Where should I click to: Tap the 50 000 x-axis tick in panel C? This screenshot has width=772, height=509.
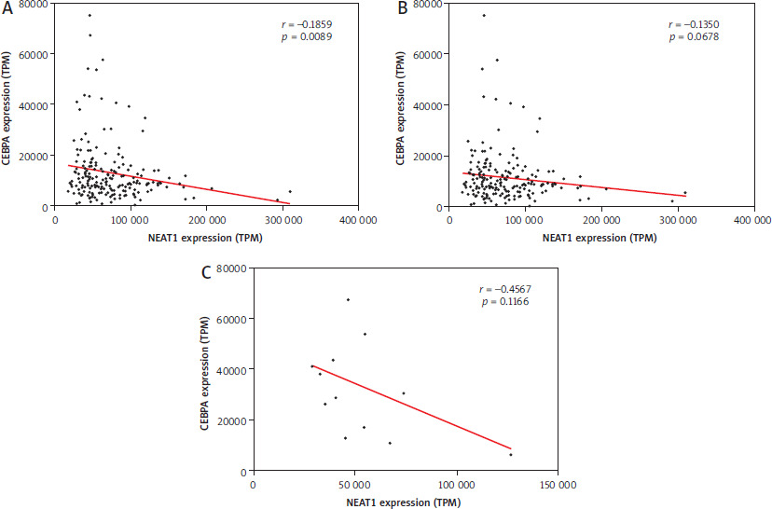pos(356,486)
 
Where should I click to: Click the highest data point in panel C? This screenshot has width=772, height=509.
pos(348,299)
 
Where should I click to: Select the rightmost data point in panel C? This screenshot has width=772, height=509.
pos(510,455)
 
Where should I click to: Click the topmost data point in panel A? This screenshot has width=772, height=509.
pos(90,15)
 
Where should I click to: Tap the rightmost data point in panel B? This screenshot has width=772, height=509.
pos(685,193)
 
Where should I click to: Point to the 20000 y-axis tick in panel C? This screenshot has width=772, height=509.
pos(228,421)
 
